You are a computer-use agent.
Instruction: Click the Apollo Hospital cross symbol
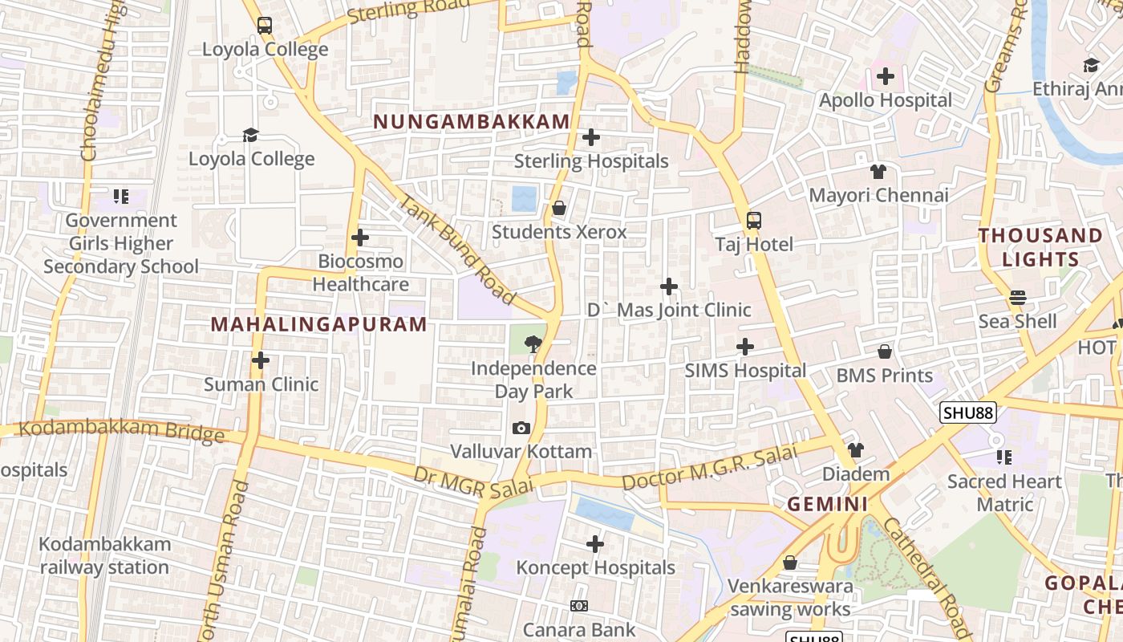[886, 76]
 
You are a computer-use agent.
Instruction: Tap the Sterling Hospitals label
[591, 161]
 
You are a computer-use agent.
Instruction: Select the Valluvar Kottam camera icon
[521, 429]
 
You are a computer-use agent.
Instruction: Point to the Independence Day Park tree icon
[532, 345]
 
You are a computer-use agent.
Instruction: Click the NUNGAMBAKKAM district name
[472, 122]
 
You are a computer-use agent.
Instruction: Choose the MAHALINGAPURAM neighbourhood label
[318, 324]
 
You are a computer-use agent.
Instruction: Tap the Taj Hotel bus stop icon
[753, 221]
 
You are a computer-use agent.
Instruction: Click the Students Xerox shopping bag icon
[559, 209]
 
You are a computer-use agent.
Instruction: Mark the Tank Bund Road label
[457, 250]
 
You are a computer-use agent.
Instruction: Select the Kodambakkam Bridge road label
[121, 431]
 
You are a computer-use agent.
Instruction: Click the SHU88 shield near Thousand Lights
[968, 412]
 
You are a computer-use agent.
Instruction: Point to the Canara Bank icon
[578, 606]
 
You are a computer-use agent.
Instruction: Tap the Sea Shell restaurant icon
[1018, 298]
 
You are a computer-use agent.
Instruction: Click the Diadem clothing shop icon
[856, 450]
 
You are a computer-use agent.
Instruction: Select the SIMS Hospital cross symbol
[745, 347]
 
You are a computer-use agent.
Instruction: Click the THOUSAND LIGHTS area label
[1040, 247]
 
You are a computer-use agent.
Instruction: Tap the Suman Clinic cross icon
[261, 360]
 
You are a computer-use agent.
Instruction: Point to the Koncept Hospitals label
[595, 568]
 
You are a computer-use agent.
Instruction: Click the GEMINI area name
[827, 504]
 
